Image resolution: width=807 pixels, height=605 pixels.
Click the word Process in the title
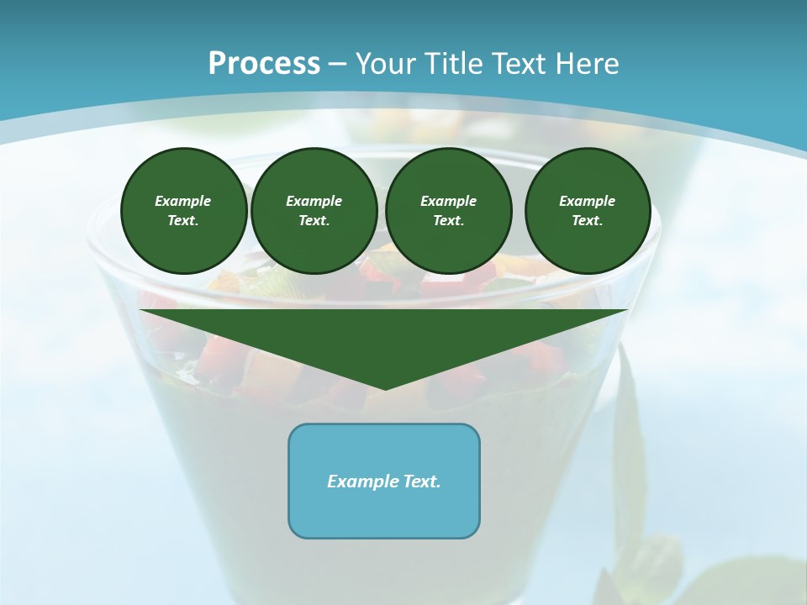264,64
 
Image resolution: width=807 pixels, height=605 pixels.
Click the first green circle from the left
183,210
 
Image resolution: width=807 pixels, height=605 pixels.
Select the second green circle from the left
314,210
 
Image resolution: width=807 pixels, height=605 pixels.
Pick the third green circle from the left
448,210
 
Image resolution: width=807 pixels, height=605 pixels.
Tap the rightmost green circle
587,210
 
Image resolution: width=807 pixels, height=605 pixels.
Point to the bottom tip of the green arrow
385,388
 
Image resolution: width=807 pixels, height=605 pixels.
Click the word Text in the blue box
422,481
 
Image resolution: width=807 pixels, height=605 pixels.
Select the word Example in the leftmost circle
183,201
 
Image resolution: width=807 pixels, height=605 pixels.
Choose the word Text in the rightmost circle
587,220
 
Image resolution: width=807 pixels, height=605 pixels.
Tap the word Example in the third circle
448,201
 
